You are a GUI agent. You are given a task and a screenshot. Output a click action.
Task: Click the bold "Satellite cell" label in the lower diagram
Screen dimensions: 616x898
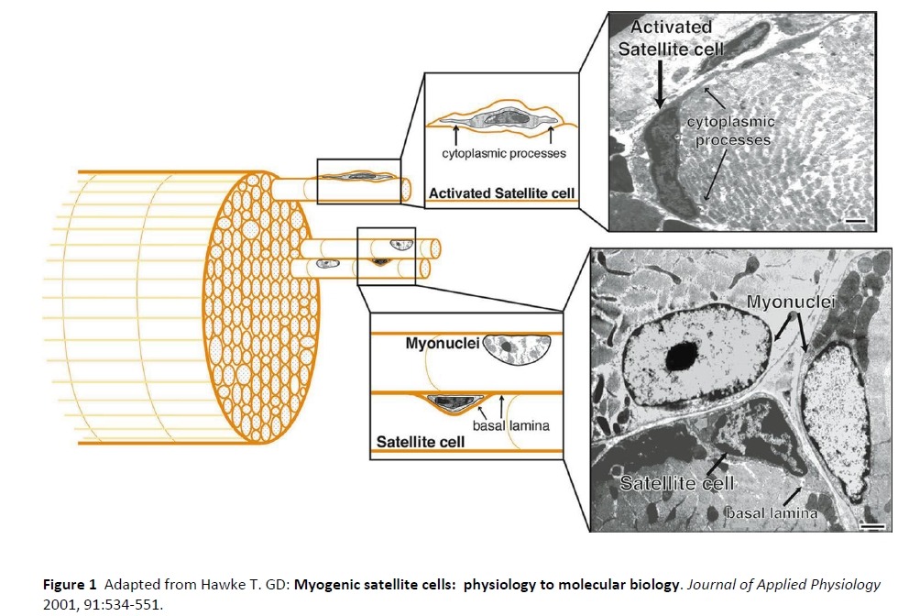coord(421,442)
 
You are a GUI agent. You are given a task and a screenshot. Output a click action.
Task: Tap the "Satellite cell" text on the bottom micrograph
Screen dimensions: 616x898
coord(677,482)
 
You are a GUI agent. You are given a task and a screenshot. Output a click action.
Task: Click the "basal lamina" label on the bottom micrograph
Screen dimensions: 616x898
coord(772,513)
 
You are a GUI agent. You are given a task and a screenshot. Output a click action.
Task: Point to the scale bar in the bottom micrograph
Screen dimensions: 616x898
coord(872,525)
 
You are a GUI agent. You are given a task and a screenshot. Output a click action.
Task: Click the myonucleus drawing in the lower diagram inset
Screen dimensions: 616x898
coord(514,351)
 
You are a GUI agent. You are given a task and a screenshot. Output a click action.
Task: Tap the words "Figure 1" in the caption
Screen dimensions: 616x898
coord(70,584)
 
